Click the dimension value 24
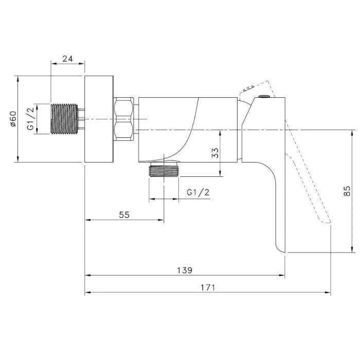click(67, 59)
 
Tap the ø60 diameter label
click(13, 119)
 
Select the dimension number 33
click(215, 153)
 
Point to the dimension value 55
click(124, 215)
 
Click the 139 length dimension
click(185, 270)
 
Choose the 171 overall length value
click(208, 287)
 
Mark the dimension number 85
click(347, 191)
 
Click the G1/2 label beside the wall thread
click(30, 119)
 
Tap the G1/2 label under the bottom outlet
click(198, 192)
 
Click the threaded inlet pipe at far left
click(64, 119)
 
